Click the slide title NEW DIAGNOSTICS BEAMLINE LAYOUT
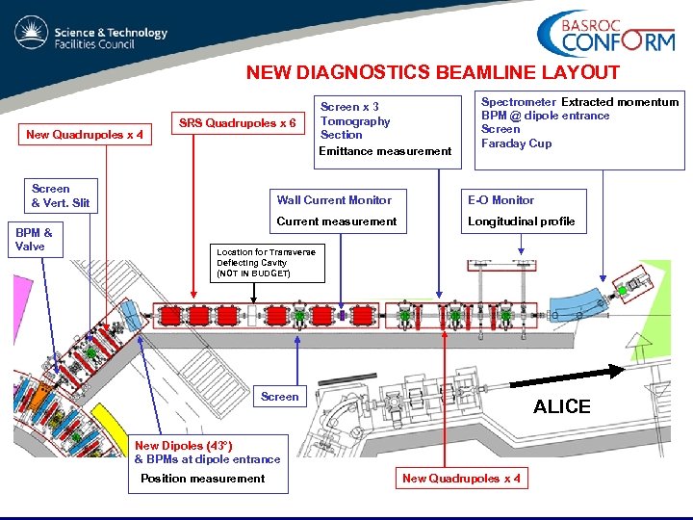(x=432, y=72)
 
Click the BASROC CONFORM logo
(x=605, y=35)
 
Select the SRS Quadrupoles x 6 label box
(x=238, y=123)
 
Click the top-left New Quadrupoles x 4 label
(x=84, y=135)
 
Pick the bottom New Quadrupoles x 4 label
(x=461, y=479)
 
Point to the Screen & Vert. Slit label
(x=60, y=195)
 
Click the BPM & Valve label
(x=34, y=239)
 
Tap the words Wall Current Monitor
(x=334, y=200)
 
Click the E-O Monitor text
(x=500, y=200)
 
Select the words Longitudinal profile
(x=521, y=221)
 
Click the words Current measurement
(x=336, y=221)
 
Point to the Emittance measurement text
(x=384, y=150)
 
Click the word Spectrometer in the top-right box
(x=518, y=102)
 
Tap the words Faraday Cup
(x=516, y=143)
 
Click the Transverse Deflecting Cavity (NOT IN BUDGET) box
(x=266, y=262)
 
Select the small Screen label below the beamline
(x=279, y=396)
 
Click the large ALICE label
(x=561, y=406)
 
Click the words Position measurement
(x=202, y=479)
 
